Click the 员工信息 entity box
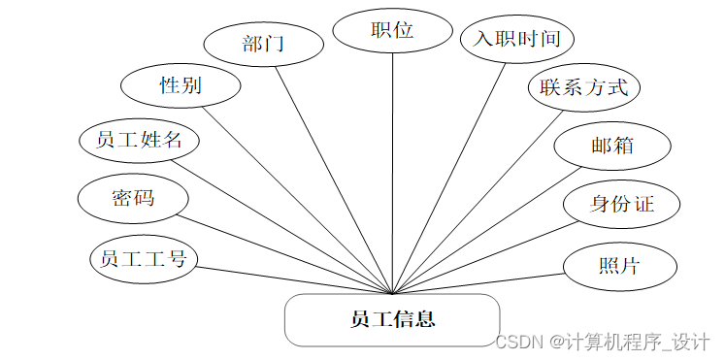click(392, 319)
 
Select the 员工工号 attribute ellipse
click(144, 258)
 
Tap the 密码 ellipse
click(134, 199)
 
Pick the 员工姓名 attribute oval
click(140, 140)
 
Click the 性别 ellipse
click(180, 85)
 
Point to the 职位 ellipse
click(392, 30)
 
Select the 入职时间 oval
click(517, 40)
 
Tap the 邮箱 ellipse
click(611, 146)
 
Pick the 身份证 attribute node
click(621, 205)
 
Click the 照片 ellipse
click(619, 265)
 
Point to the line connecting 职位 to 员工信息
click(392, 175)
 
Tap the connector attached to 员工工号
click(291, 279)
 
